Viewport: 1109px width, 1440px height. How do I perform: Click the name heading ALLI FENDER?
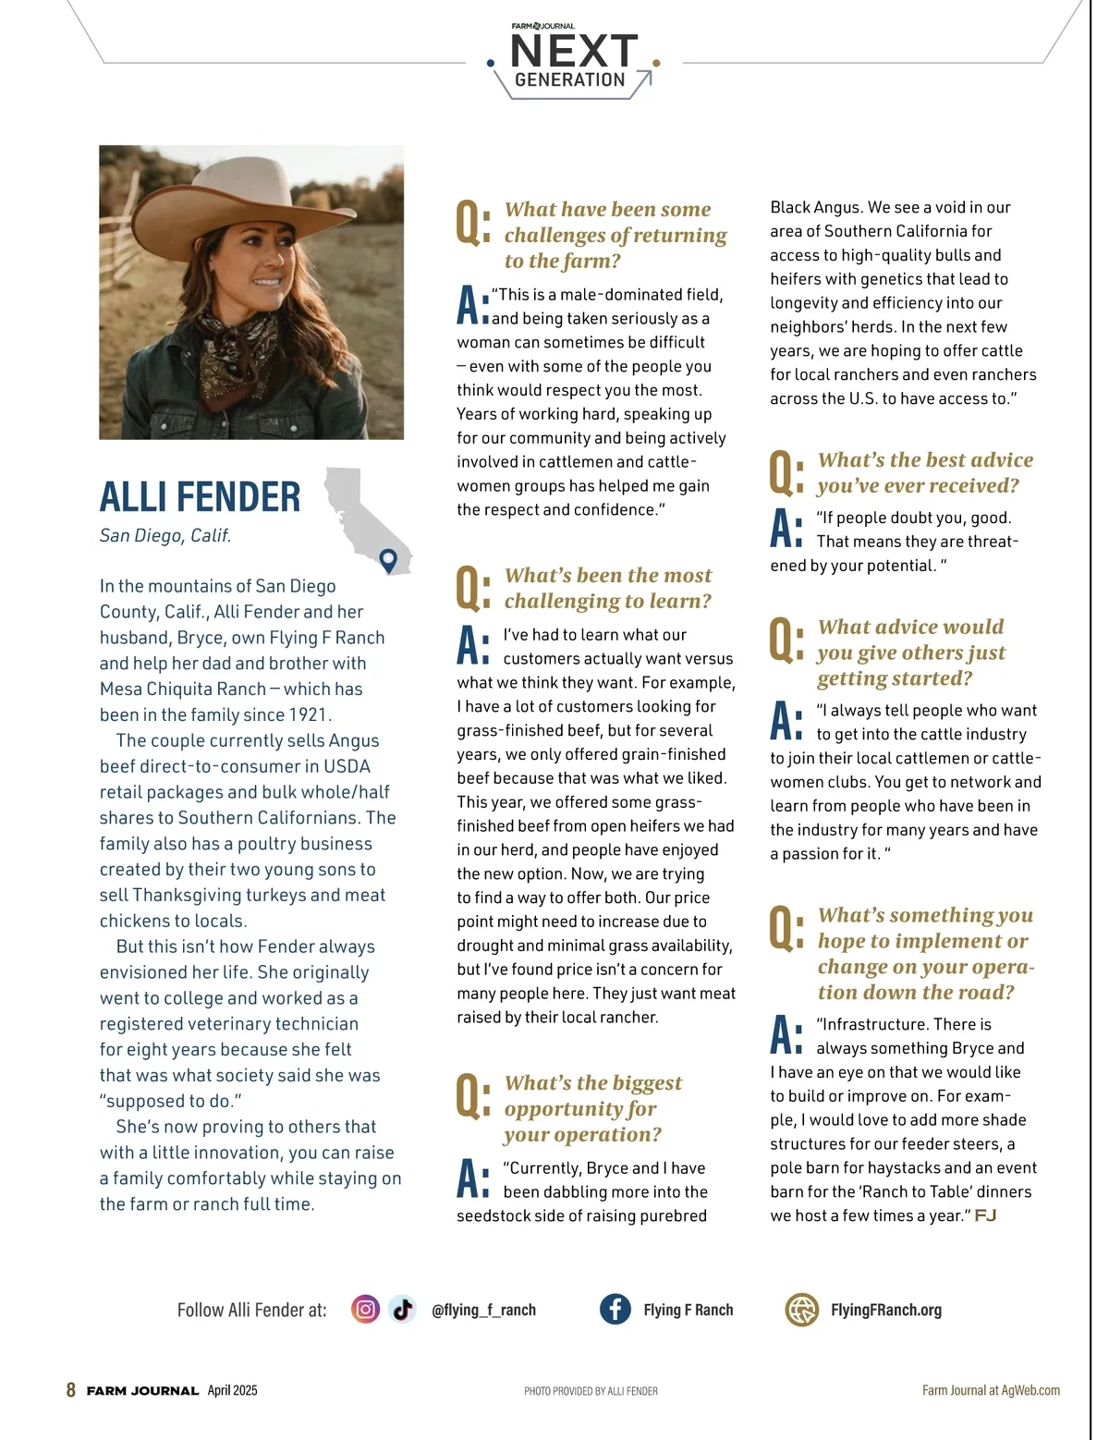click(x=200, y=497)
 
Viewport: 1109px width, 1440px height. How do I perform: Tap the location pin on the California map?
click(x=388, y=558)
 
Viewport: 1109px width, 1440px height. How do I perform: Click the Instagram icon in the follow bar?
click(x=365, y=1309)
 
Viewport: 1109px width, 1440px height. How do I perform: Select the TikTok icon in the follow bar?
click(x=402, y=1309)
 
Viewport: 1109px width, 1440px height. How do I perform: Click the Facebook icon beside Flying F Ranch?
click(x=615, y=1309)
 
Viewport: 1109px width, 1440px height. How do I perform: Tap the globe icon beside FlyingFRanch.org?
click(x=801, y=1309)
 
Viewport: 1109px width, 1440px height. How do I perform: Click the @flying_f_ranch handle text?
click(x=483, y=1310)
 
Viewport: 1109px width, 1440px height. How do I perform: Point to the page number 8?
click(x=71, y=1390)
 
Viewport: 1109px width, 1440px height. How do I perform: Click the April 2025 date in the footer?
click(x=232, y=1390)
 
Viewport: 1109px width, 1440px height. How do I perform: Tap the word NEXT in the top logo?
click(x=574, y=50)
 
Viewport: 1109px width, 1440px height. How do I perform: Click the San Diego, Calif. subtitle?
click(x=165, y=535)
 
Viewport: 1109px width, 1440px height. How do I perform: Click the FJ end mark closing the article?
click(x=985, y=1215)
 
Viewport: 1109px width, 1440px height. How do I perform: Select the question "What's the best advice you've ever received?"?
click(x=925, y=472)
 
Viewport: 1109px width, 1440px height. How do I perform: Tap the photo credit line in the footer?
click(x=591, y=1391)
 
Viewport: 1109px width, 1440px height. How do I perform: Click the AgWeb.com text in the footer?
click(x=1030, y=1390)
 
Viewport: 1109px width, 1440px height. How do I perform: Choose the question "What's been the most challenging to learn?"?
click(x=607, y=588)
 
